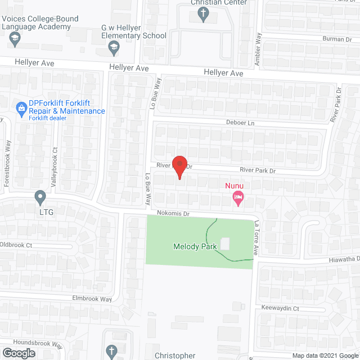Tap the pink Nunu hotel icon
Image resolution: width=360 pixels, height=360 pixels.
point(238,196)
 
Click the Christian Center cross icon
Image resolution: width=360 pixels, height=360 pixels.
point(203,13)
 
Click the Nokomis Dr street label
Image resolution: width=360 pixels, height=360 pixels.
point(174,214)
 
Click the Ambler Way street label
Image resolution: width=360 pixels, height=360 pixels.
point(258,50)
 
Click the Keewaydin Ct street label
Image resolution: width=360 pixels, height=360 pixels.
point(280,309)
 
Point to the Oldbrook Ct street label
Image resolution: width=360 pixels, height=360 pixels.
point(17,245)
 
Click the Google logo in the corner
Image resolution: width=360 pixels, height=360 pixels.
point(19,353)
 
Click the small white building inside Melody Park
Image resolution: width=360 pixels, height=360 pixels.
point(225,244)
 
